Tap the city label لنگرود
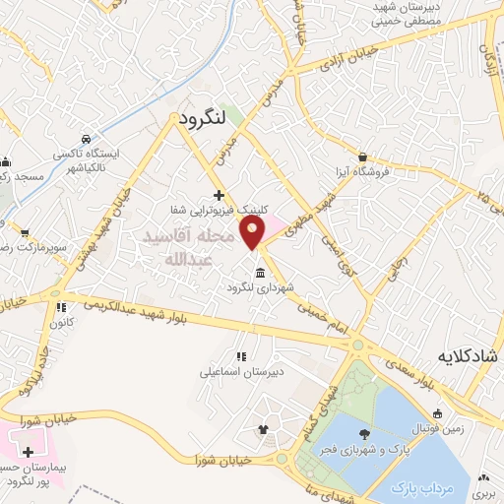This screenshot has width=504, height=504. click(205, 118)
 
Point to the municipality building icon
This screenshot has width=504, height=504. click(259, 273)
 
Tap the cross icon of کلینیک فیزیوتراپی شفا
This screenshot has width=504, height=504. click(219, 195)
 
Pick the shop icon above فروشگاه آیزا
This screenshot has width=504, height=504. click(363, 157)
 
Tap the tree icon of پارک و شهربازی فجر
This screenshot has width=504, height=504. click(365, 434)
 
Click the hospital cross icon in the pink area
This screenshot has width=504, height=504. click(28, 451)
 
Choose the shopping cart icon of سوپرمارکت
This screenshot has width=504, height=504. click(25, 233)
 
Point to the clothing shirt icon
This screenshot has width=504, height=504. click(262, 429)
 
